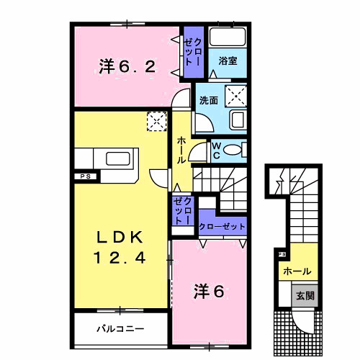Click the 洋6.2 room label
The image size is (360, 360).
pyautogui.click(x=126, y=67)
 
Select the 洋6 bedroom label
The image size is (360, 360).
pyautogui.click(x=209, y=292)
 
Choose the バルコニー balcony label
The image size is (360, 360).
pyautogui.click(x=121, y=328)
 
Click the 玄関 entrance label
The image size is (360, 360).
pyautogui.click(x=305, y=295)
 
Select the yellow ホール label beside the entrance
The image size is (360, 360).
pyautogui.click(x=297, y=271)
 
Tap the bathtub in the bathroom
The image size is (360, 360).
pyautogui.click(x=228, y=38)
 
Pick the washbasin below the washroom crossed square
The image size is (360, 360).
pyautogui.click(x=237, y=120)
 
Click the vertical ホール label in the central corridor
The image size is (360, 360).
pyautogui.click(x=181, y=149)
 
